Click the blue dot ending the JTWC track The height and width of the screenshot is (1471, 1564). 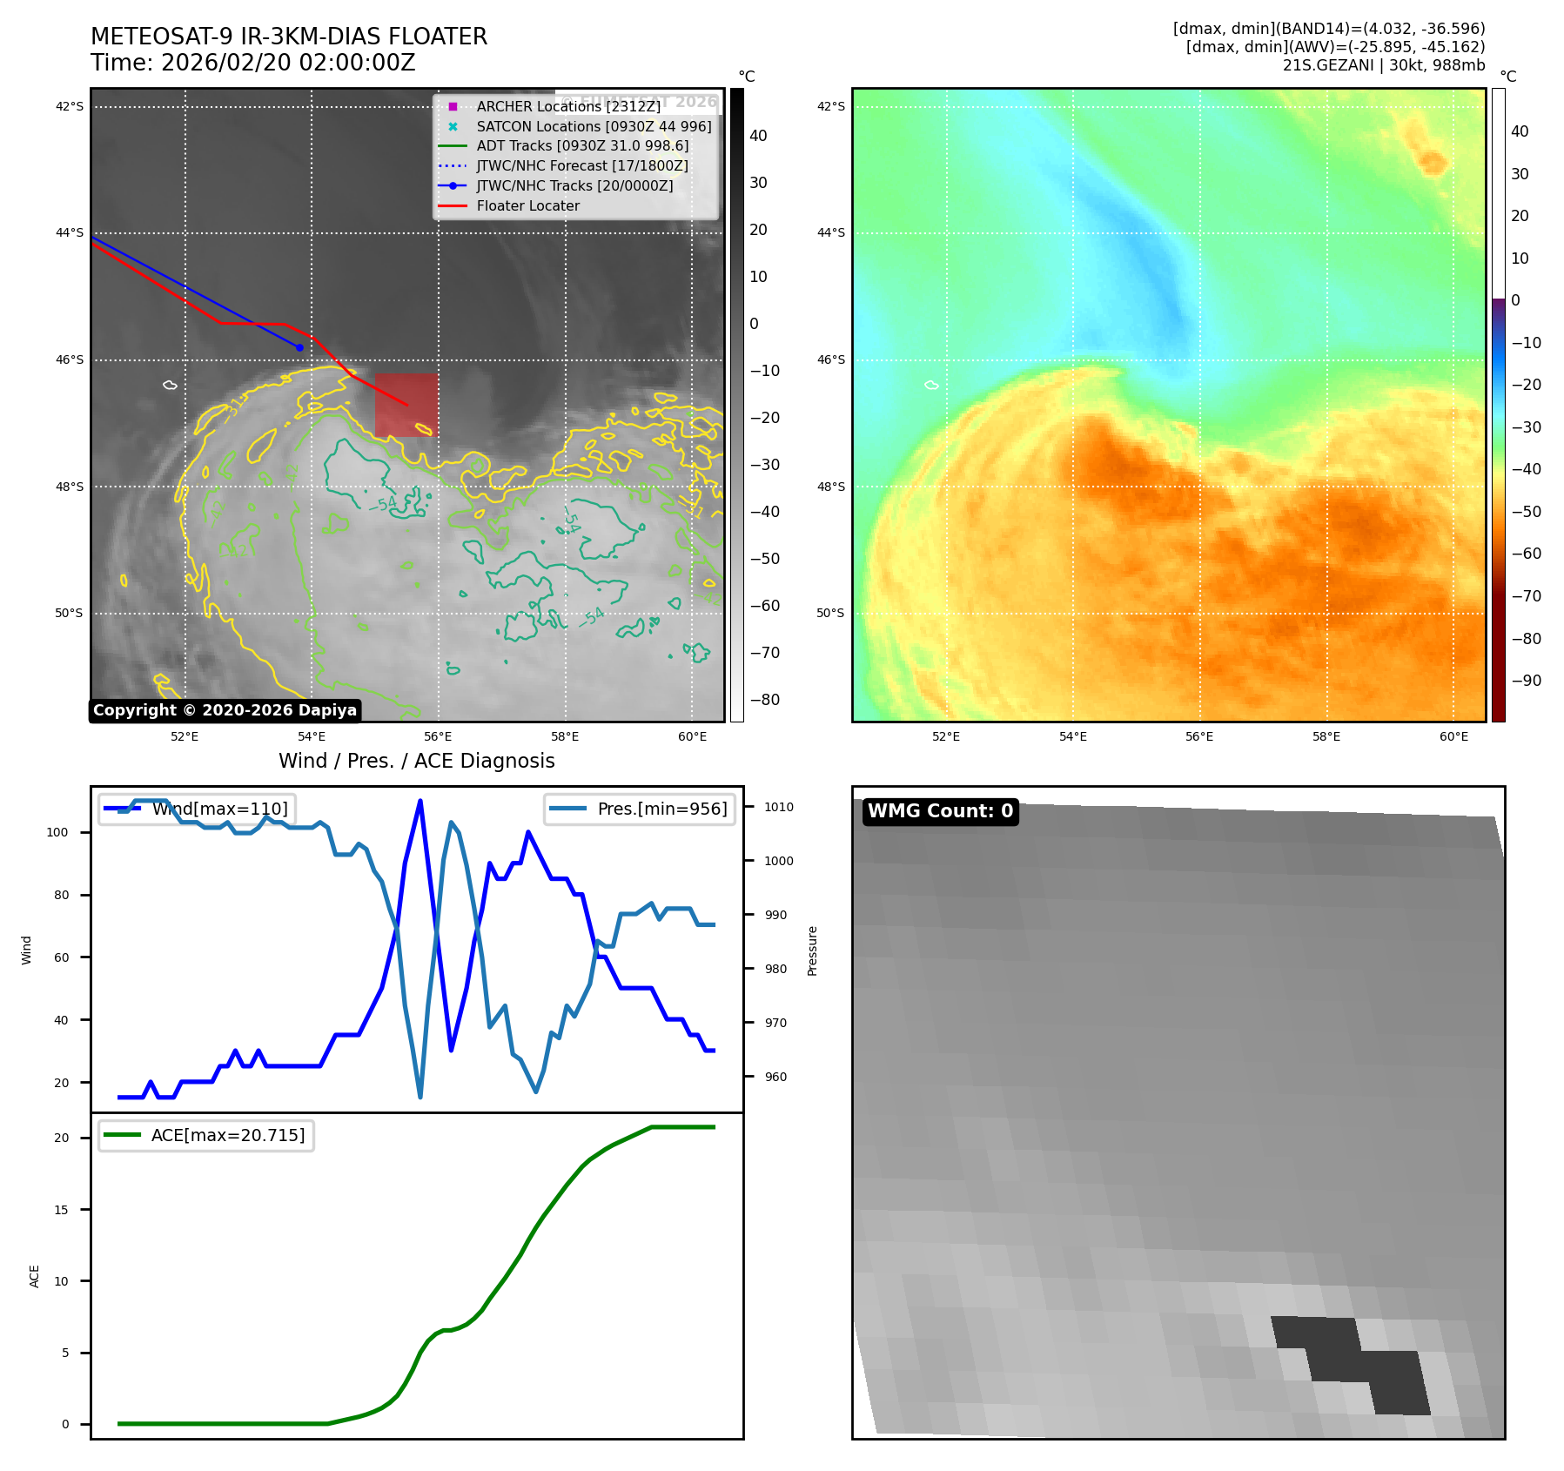point(299,347)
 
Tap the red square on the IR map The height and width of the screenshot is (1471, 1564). point(406,406)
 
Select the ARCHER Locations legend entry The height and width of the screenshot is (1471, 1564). point(568,106)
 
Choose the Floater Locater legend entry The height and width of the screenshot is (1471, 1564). point(527,205)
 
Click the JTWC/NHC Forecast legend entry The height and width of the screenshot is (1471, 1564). point(581,165)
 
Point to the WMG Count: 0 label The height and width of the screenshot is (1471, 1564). point(940,811)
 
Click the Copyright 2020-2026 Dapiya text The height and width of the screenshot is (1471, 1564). point(225,710)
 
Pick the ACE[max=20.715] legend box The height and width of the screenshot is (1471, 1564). point(206,1135)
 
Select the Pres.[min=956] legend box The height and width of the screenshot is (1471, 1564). point(640,809)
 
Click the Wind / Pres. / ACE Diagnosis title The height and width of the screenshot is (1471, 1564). point(416,761)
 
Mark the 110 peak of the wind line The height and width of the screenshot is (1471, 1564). point(420,801)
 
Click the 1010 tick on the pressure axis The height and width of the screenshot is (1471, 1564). point(779,807)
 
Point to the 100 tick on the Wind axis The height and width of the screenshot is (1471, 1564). point(57,832)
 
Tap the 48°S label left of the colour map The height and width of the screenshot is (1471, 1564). point(830,487)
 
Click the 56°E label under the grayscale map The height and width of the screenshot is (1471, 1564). point(438,736)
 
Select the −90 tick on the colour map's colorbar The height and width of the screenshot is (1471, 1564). point(1526,681)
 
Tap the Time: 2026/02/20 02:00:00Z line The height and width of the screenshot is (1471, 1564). point(253,63)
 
